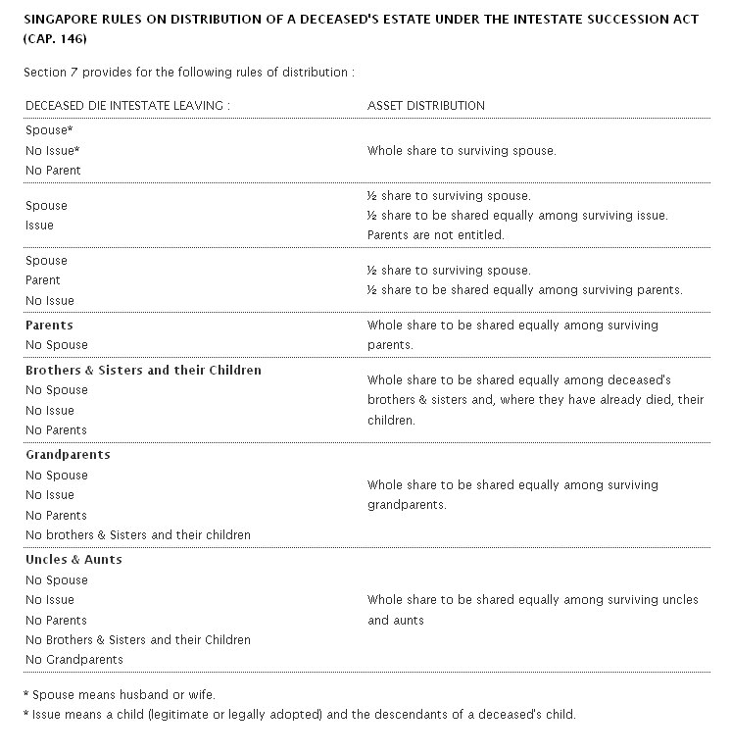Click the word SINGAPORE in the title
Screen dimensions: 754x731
coord(61,20)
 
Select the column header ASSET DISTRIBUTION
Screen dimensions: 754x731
coord(425,105)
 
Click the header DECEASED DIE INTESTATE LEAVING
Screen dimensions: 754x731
coord(127,105)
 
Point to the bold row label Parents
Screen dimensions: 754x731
coord(49,325)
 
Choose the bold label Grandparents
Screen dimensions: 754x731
coord(68,455)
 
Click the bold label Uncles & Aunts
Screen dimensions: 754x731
coord(73,560)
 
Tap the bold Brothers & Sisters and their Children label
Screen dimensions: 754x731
coord(143,371)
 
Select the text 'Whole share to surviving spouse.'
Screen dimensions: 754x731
coord(462,151)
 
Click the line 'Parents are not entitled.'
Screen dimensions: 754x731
coord(436,235)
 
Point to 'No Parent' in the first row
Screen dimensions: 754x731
coord(53,171)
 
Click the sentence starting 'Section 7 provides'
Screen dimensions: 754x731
coord(189,73)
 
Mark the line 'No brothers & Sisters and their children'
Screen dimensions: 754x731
coord(138,535)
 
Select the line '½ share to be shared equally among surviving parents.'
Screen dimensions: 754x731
coord(524,290)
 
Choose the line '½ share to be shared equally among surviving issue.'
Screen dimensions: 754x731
coord(517,216)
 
